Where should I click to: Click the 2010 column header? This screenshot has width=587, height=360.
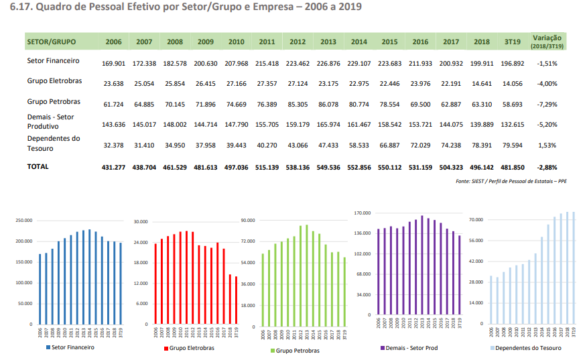point(236,42)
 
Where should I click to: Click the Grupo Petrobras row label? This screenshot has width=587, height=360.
point(54,102)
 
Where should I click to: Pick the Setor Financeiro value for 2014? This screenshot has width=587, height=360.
point(359,63)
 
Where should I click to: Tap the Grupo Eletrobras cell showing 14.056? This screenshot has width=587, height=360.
point(512,84)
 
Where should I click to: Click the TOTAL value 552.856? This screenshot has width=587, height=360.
point(359,167)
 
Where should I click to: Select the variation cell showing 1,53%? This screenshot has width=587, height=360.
point(546,145)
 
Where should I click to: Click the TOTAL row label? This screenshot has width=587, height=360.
point(38,166)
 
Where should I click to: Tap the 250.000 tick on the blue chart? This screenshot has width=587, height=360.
point(23,221)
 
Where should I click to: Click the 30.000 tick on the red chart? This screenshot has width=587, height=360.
point(141,221)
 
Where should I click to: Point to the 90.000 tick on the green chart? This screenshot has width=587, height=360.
point(248,220)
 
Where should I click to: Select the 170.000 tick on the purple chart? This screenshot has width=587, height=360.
point(363,213)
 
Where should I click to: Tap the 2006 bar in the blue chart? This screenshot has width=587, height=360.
point(40,288)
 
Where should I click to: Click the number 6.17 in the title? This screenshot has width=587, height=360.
point(20,7)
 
